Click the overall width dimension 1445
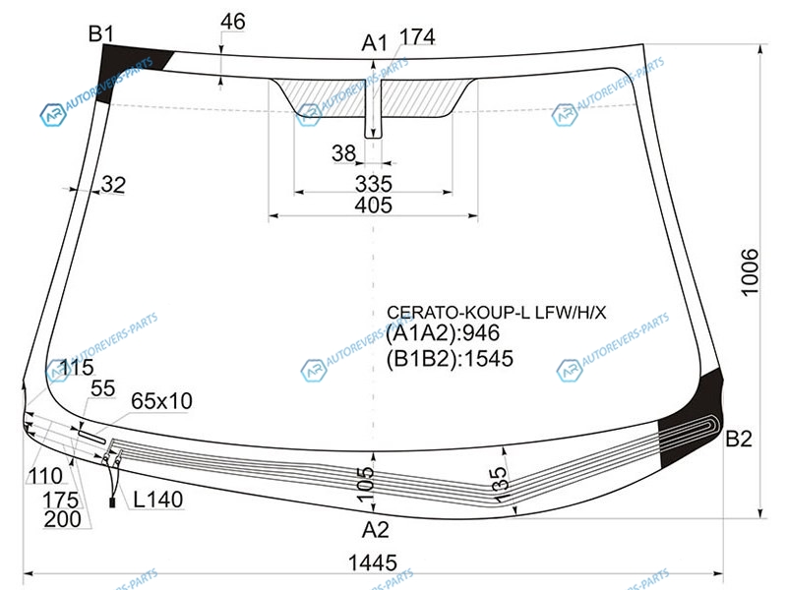[373, 562]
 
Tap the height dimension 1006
[750, 272]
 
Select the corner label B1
[101, 34]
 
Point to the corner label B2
[739, 439]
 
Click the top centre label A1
[375, 43]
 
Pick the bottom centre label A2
[376, 529]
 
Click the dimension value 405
[374, 206]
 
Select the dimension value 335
[374, 184]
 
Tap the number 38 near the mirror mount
[343, 153]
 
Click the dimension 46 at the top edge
[233, 22]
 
